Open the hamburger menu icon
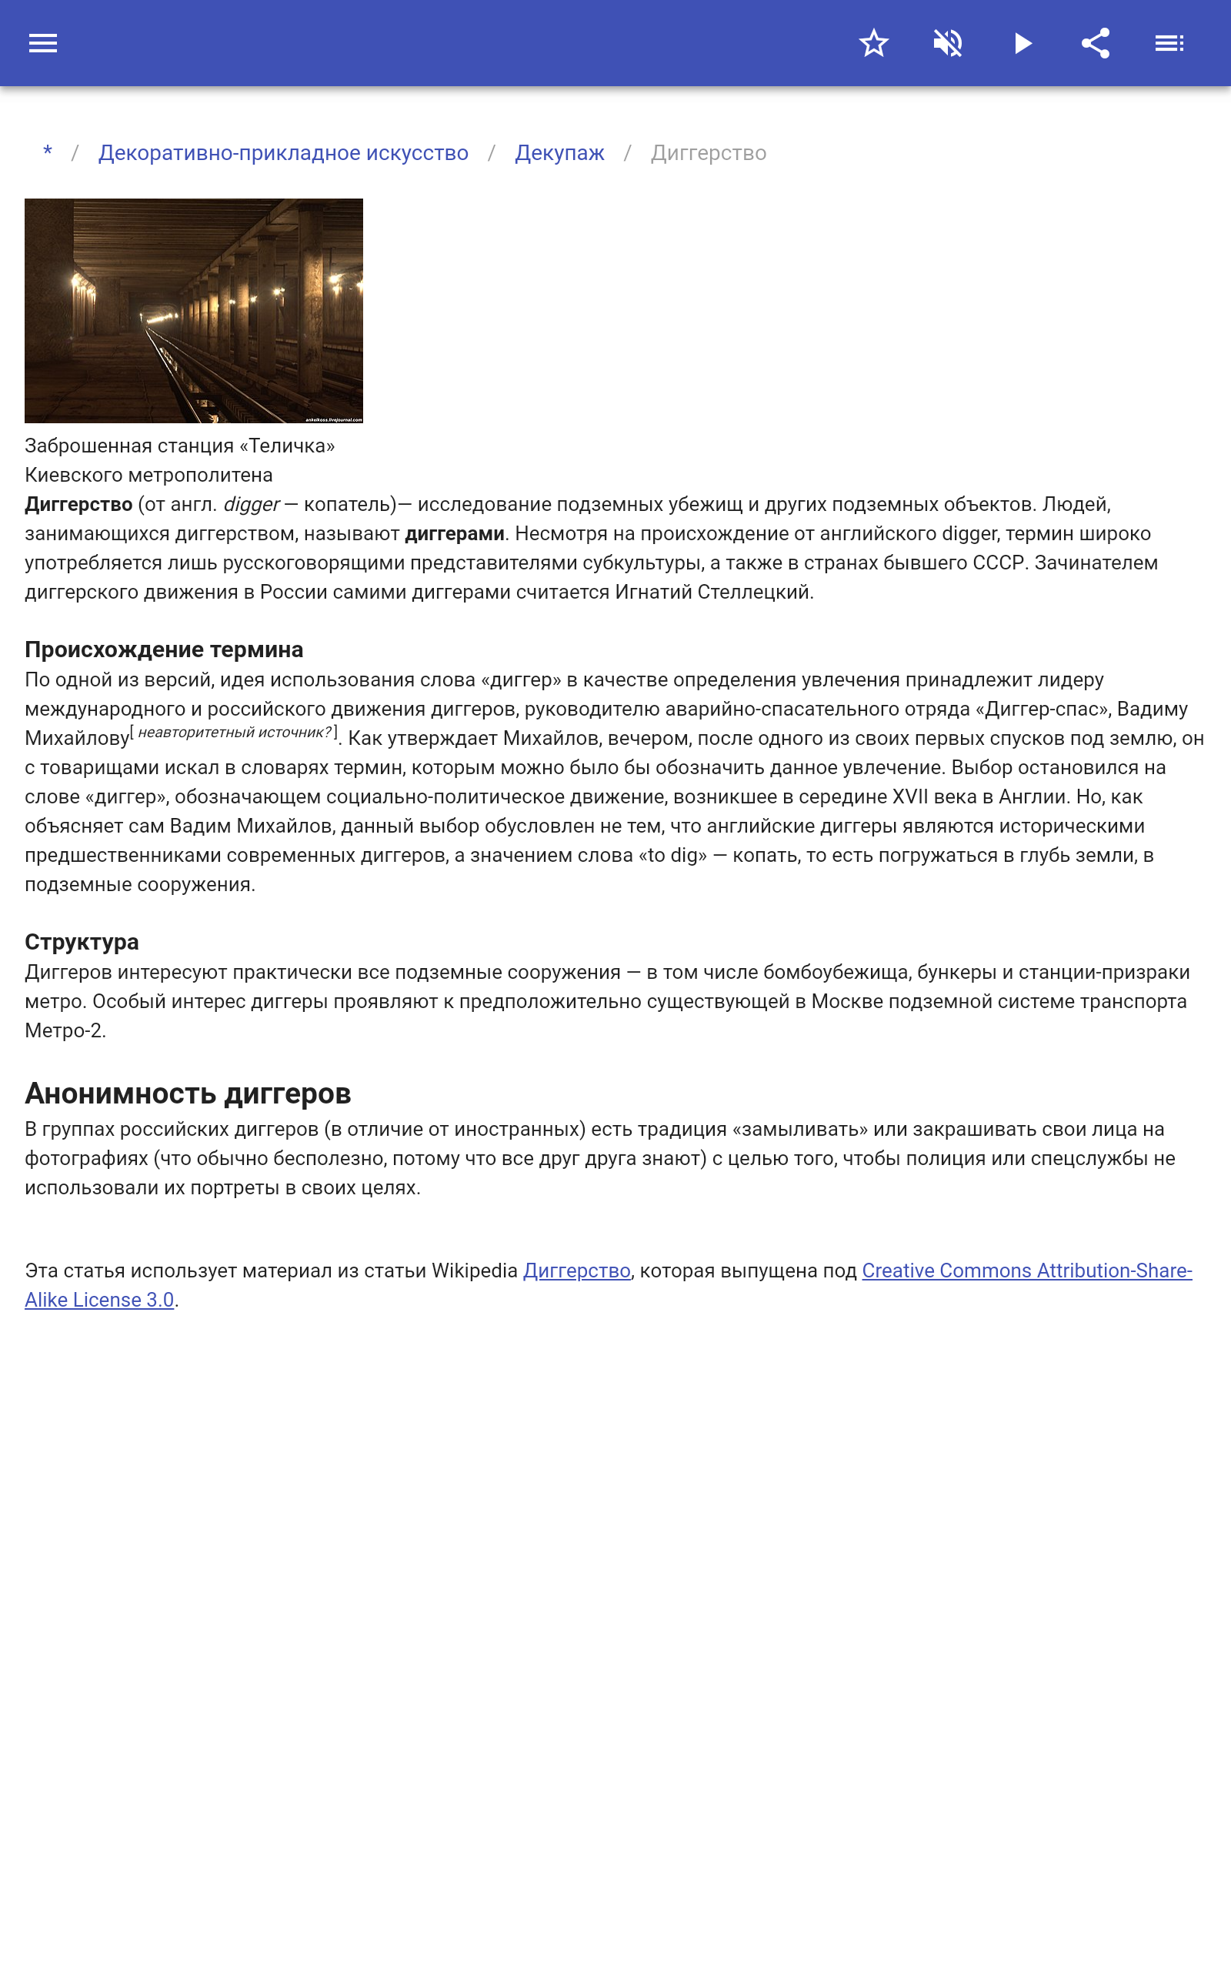pos(43,43)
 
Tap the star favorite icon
pos(873,43)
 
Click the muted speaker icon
pos(948,43)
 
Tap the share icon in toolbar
pos(1096,43)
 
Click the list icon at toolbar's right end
pos(1169,43)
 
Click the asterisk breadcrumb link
pos(48,152)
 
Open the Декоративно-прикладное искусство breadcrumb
pos(283,153)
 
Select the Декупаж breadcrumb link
pos(559,153)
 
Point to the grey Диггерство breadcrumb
pos(709,153)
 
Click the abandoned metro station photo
pos(194,310)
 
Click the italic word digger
pos(251,505)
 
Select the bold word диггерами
pos(454,534)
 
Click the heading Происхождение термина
pos(164,649)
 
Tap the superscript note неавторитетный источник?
pos(234,732)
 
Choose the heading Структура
pos(82,942)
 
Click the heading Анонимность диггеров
pos(187,1094)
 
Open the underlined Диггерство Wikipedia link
pos(576,1270)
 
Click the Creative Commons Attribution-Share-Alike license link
pos(1026,1270)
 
